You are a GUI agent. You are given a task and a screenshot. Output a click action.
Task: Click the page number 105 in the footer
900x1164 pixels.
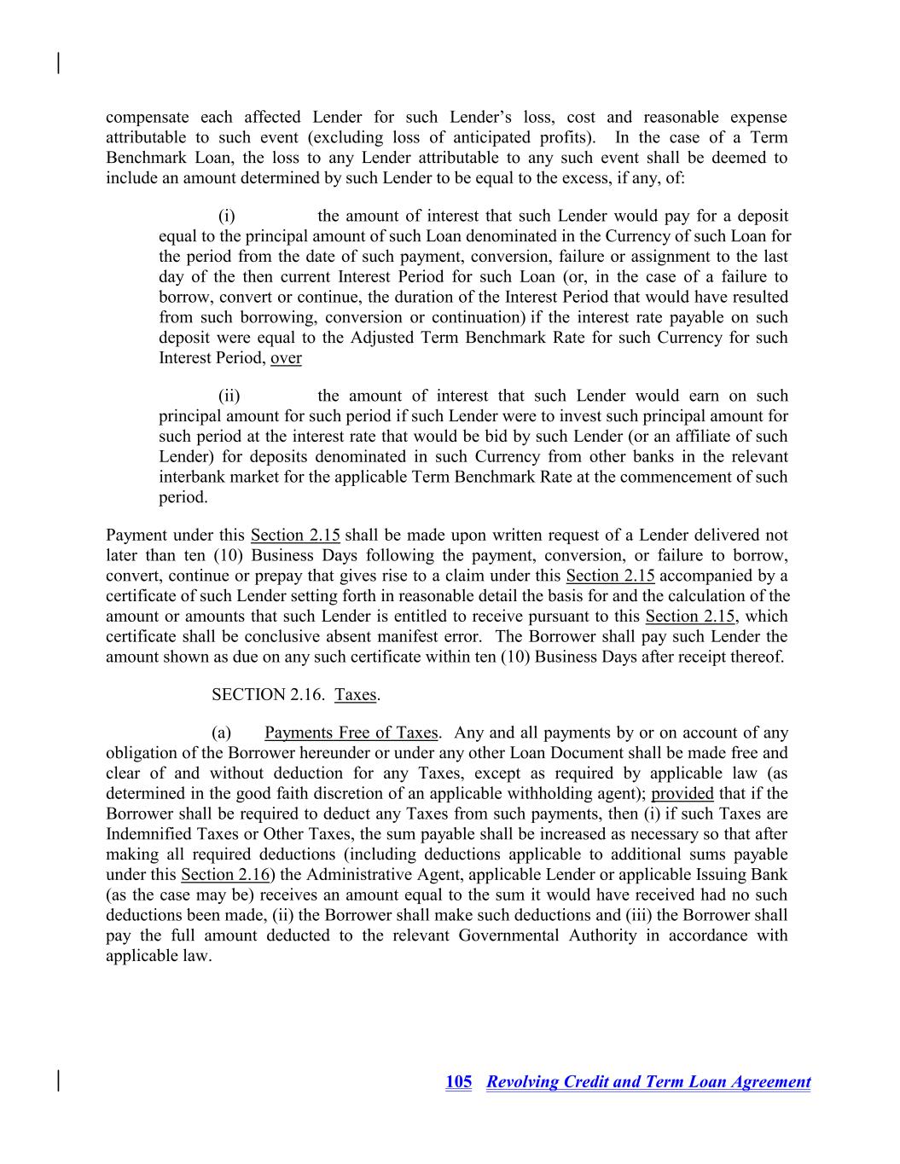click(x=458, y=1082)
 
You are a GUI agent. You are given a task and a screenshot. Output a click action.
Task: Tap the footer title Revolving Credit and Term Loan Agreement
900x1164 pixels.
click(x=648, y=1082)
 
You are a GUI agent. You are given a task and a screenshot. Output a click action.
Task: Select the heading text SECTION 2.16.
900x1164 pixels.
click(x=268, y=695)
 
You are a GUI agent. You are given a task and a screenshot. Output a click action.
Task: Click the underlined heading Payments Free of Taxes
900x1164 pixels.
click(x=351, y=733)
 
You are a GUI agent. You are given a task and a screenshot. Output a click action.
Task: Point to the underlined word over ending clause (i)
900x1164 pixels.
click(x=286, y=358)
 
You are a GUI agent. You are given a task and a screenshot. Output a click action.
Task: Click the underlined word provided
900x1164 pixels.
click(x=682, y=794)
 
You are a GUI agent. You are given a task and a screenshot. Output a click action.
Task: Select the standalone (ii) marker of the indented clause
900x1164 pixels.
click(x=229, y=397)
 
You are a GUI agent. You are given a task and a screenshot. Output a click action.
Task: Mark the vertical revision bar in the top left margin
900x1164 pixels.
click(x=58, y=63)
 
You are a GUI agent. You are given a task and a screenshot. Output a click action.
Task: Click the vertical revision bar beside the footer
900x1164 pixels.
click(x=58, y=1080)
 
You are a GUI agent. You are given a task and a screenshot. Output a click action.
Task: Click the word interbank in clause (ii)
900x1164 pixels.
click(x=192, y=478)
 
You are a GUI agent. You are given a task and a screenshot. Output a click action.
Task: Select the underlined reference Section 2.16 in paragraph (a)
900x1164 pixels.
click(x=225, y=875)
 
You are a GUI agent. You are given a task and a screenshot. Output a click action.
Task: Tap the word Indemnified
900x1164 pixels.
click(x=150, y=834)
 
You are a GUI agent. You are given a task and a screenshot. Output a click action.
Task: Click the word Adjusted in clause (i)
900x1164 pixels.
click(x=380, y=338)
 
